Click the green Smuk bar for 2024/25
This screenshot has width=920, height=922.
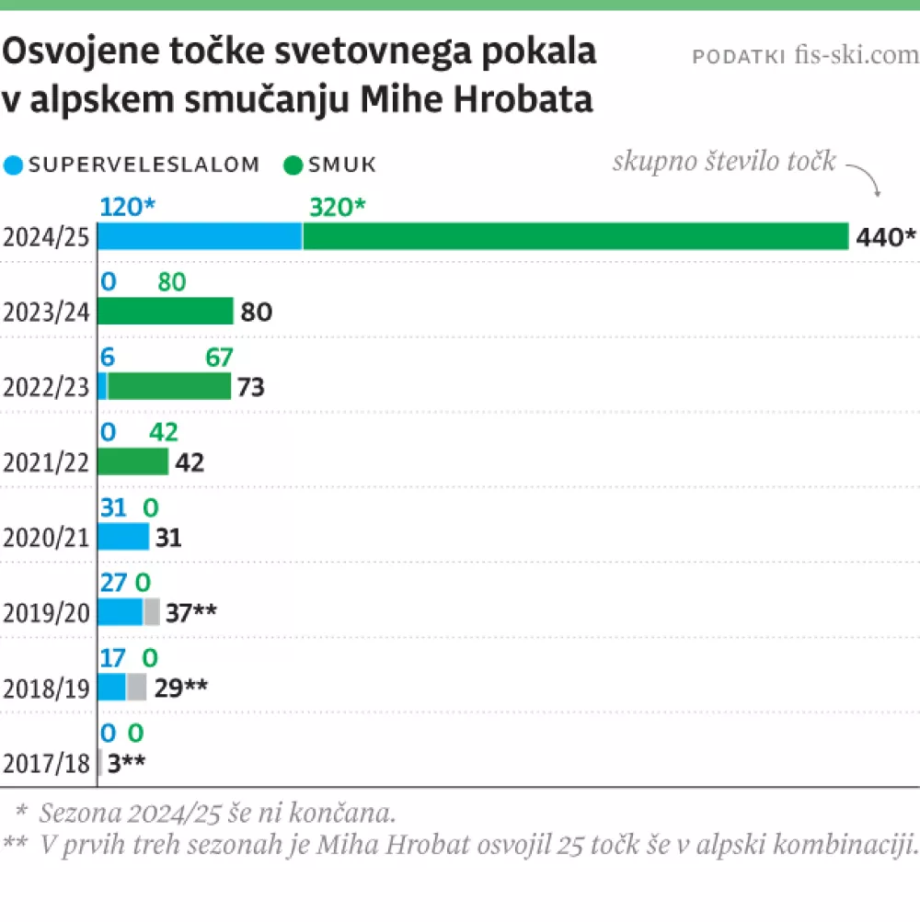575,236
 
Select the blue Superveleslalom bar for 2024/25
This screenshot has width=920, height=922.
200,236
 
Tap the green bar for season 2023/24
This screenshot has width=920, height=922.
166,312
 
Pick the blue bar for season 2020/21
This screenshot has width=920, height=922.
122,536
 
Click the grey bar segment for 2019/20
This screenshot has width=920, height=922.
152,611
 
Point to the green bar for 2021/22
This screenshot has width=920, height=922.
132,461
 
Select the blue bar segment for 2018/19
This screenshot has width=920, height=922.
111,687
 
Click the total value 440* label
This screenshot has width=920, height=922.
885,237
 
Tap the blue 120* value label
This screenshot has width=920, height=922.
128,207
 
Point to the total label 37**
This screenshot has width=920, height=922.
191,612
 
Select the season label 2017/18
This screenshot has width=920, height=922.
46,763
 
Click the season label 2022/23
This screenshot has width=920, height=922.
46,387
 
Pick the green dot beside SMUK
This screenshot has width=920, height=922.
293,165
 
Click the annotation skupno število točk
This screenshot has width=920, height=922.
724,163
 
